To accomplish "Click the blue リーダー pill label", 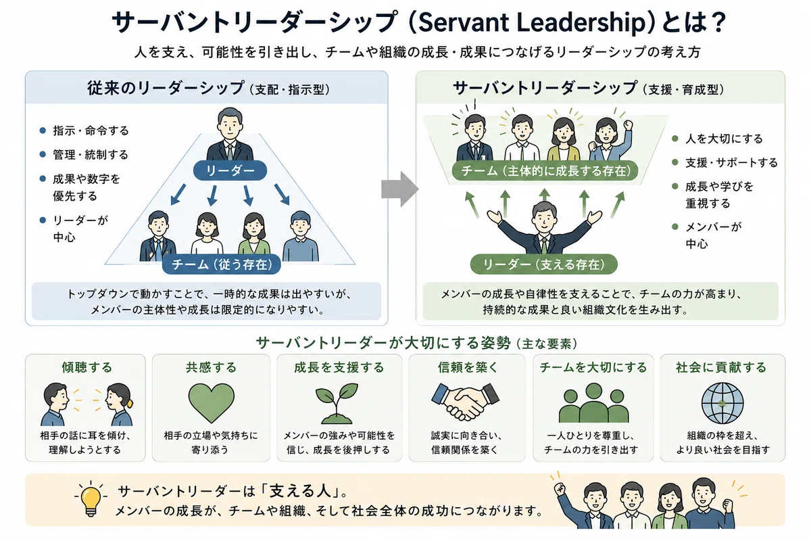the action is (x=230, y=170).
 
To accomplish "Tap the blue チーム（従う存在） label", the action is (x=222, y=264).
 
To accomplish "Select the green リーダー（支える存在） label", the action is (x=544, y=264).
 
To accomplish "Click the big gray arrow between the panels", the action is (x=399, y=189).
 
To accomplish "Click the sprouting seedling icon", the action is (x=337, y=403).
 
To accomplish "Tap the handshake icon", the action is (x=465, y=402).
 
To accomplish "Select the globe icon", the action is (x=722, y=403).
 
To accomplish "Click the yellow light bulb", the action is (x=91, y=499).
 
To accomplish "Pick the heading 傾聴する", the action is (x=87, y=367).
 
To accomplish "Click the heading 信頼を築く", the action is (x=468, y=367).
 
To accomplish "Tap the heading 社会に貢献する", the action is (x=721, y=367).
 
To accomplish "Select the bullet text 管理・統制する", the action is (x=91, y=155).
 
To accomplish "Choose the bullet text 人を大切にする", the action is (x=724, y=139).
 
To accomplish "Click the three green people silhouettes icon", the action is (x=593, y=403).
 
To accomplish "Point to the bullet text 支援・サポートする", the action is (x=731, y=163).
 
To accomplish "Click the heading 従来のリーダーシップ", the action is (x=166, y=88).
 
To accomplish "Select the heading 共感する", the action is (x=211, y=367).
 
